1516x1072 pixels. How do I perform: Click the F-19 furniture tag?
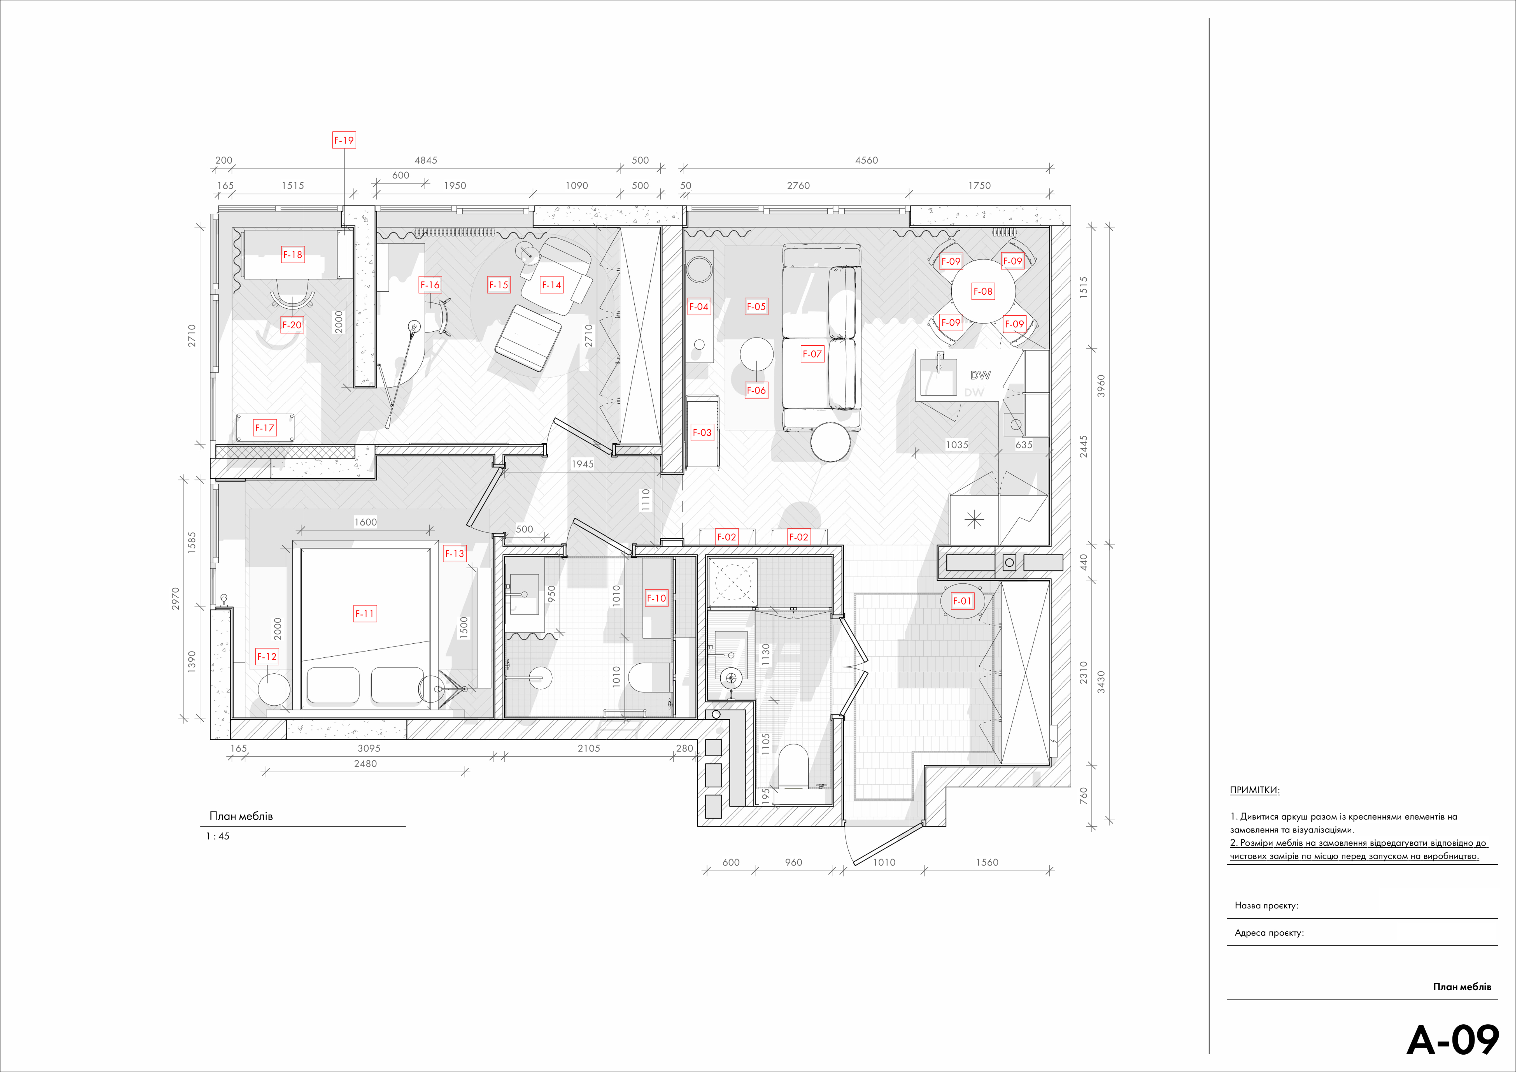[344, 140]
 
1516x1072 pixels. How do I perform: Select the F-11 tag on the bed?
[365, 614]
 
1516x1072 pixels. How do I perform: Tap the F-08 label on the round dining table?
[983, 291]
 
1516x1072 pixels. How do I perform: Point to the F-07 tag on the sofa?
[812, 354]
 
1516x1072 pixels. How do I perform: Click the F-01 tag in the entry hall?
[962, 601]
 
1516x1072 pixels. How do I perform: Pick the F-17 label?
[265, 428]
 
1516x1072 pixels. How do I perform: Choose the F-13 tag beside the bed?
[454, 553]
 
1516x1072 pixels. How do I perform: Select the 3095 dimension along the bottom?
[369, 748]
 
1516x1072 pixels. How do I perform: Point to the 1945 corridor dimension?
[582, 464]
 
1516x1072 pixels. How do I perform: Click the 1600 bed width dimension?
[365, 522]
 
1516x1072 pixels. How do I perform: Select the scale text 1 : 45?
[218, 836]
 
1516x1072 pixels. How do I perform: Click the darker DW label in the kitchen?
[980, 375]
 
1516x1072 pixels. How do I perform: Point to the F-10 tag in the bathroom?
[656, 599]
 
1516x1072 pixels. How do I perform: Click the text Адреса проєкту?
[1269, 933]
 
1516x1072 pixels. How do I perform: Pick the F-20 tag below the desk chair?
[292, 325]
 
